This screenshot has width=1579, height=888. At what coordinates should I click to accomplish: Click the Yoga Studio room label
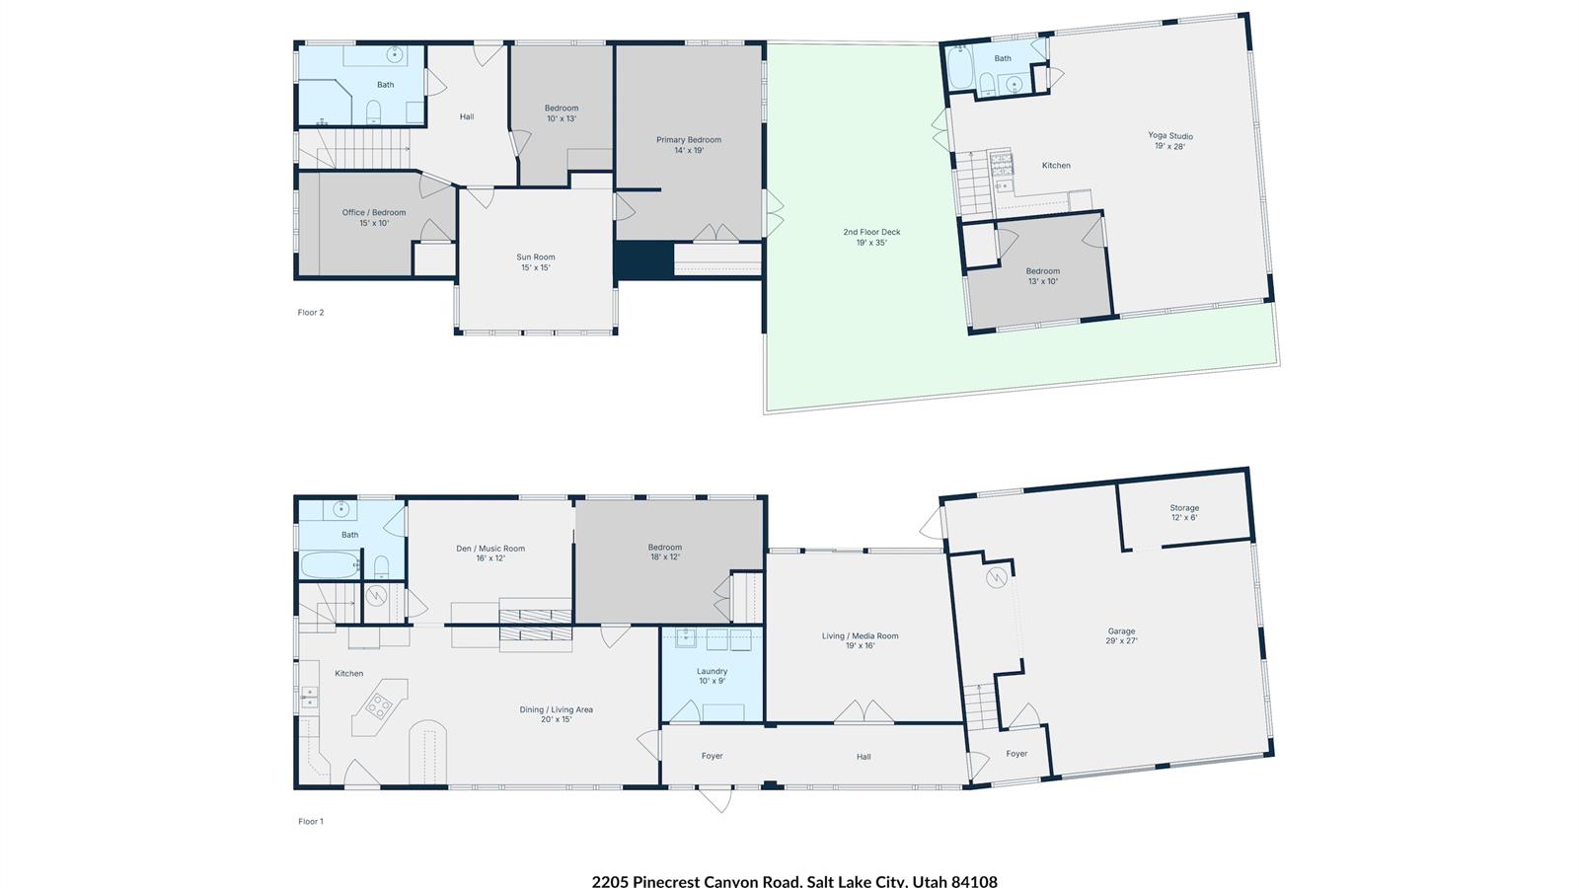click(1170, 136)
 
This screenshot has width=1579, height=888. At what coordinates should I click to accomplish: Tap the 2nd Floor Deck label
click(871, 232)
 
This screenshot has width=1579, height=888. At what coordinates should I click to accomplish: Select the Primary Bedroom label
click(689, 139)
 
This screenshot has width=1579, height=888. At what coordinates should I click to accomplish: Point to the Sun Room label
click(536, 258)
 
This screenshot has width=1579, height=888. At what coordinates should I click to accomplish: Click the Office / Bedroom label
click(374, 212)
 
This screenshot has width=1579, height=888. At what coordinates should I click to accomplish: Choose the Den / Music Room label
click(490, 549)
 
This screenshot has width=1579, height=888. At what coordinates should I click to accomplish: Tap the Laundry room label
click(712, 672)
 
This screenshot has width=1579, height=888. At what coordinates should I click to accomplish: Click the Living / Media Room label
click(860, 635)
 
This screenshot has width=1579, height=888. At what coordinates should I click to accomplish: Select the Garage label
click(1121, 631)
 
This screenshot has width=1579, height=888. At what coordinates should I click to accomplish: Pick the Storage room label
click(1184, 507)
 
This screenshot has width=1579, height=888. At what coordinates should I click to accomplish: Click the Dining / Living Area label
click(557, 709)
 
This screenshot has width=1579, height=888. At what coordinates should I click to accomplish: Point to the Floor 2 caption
click(311, 312)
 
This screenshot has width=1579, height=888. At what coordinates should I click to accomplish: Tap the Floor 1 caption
click(311, 821)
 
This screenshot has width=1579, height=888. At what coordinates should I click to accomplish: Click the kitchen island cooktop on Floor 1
click(379, 706)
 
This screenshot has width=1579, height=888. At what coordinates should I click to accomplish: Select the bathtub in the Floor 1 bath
click(330, 564)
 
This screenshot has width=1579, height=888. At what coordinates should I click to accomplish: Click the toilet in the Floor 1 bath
click(381, 566)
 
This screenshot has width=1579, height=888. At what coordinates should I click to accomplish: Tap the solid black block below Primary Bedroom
click(642, 260)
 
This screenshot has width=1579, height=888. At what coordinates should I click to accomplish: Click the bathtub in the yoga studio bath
click(961, 68)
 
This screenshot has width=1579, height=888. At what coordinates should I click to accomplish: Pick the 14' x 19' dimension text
click(689, 150)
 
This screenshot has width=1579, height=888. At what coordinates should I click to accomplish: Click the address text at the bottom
click(794, 881)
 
